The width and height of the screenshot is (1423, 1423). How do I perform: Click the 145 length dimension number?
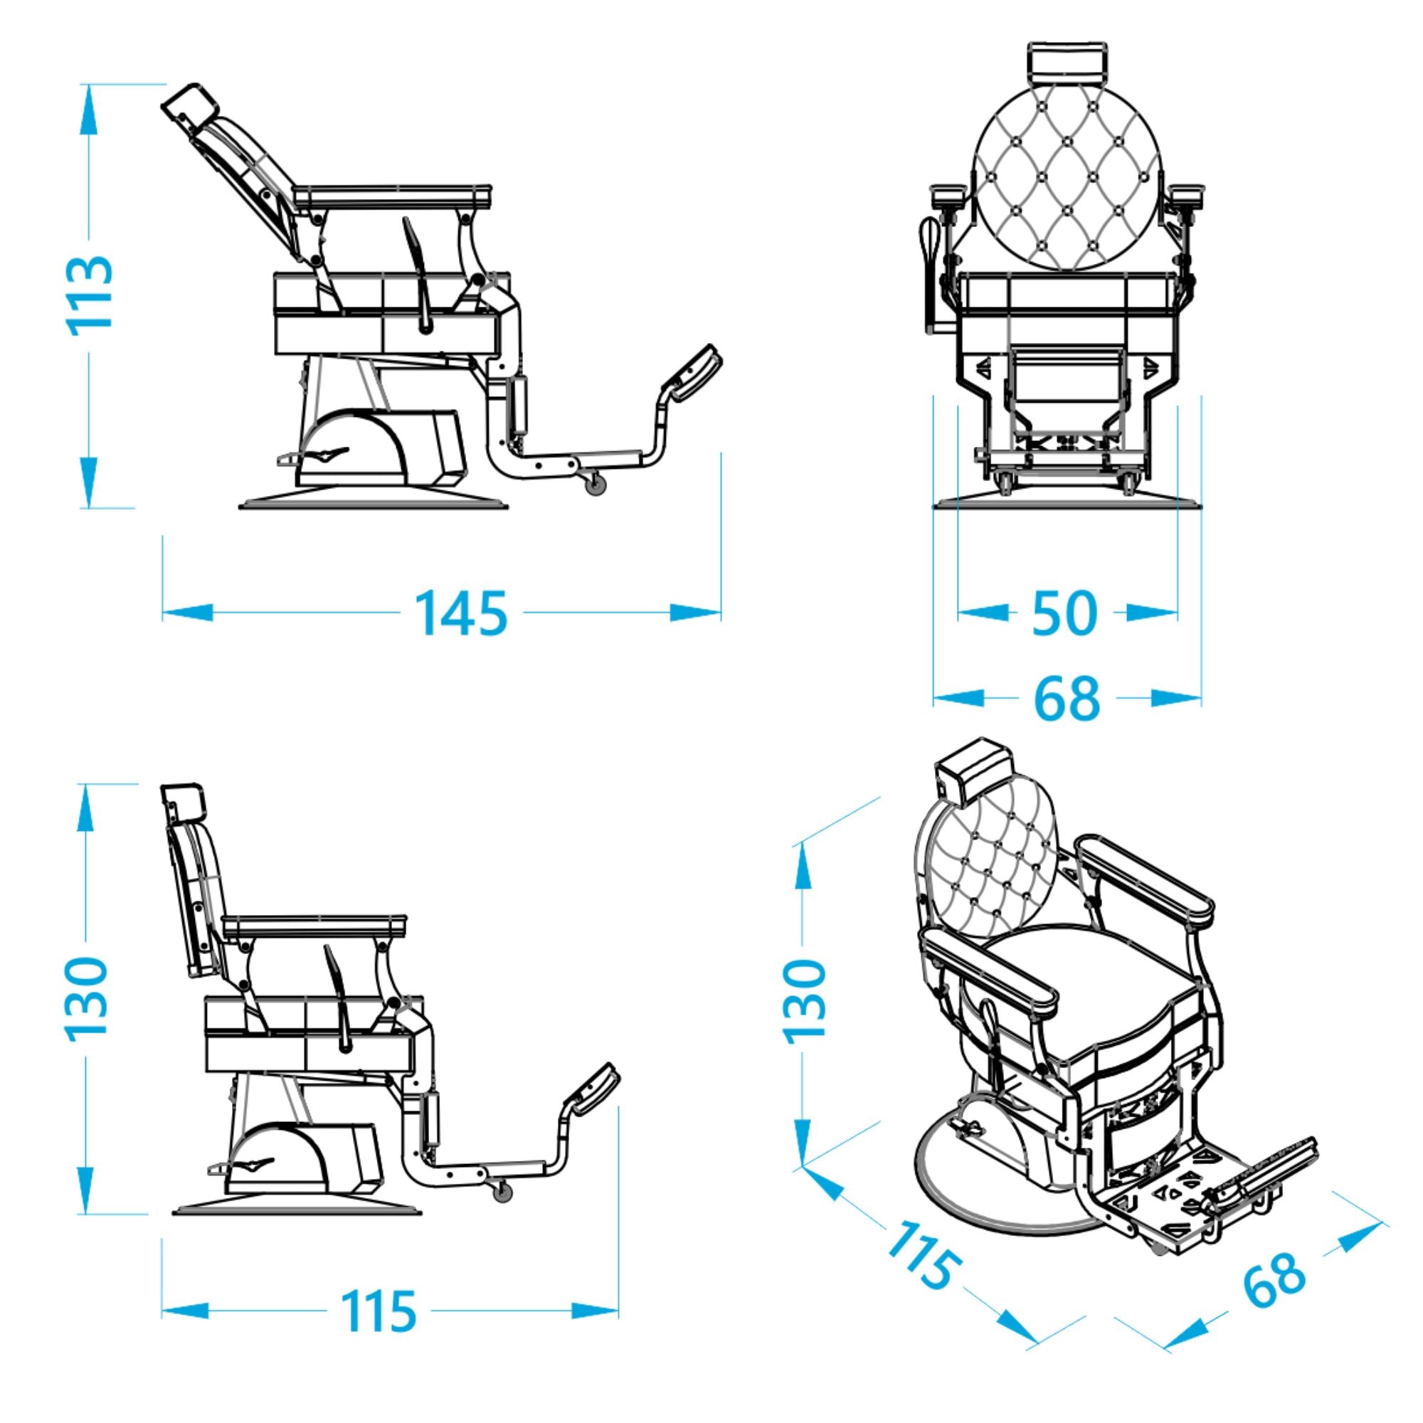tap(462, 613)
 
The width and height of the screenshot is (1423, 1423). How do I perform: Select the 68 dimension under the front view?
tap(1067, 697)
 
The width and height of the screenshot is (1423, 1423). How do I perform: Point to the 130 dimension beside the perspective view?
tap(805, 1001)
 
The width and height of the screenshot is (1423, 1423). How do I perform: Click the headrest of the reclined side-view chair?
tap(189, 107)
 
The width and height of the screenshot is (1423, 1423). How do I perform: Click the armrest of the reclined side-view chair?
tap(393, 195)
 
